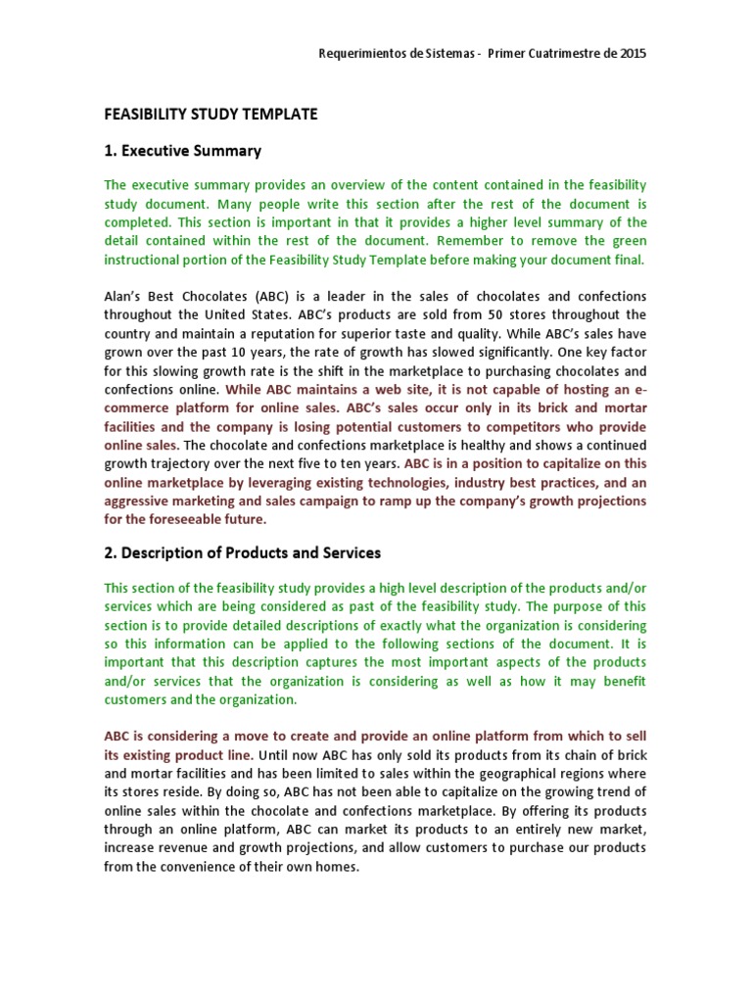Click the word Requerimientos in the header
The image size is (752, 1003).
(x=363, y=53)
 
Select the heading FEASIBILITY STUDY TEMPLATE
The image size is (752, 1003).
(x=211, y=115)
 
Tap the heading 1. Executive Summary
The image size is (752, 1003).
(x=183, y=151)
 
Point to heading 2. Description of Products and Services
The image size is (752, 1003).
(x=242, y=552)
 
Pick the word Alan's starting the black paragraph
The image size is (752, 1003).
(x=125, y=297)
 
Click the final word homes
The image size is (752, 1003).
(x=339, y=867)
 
